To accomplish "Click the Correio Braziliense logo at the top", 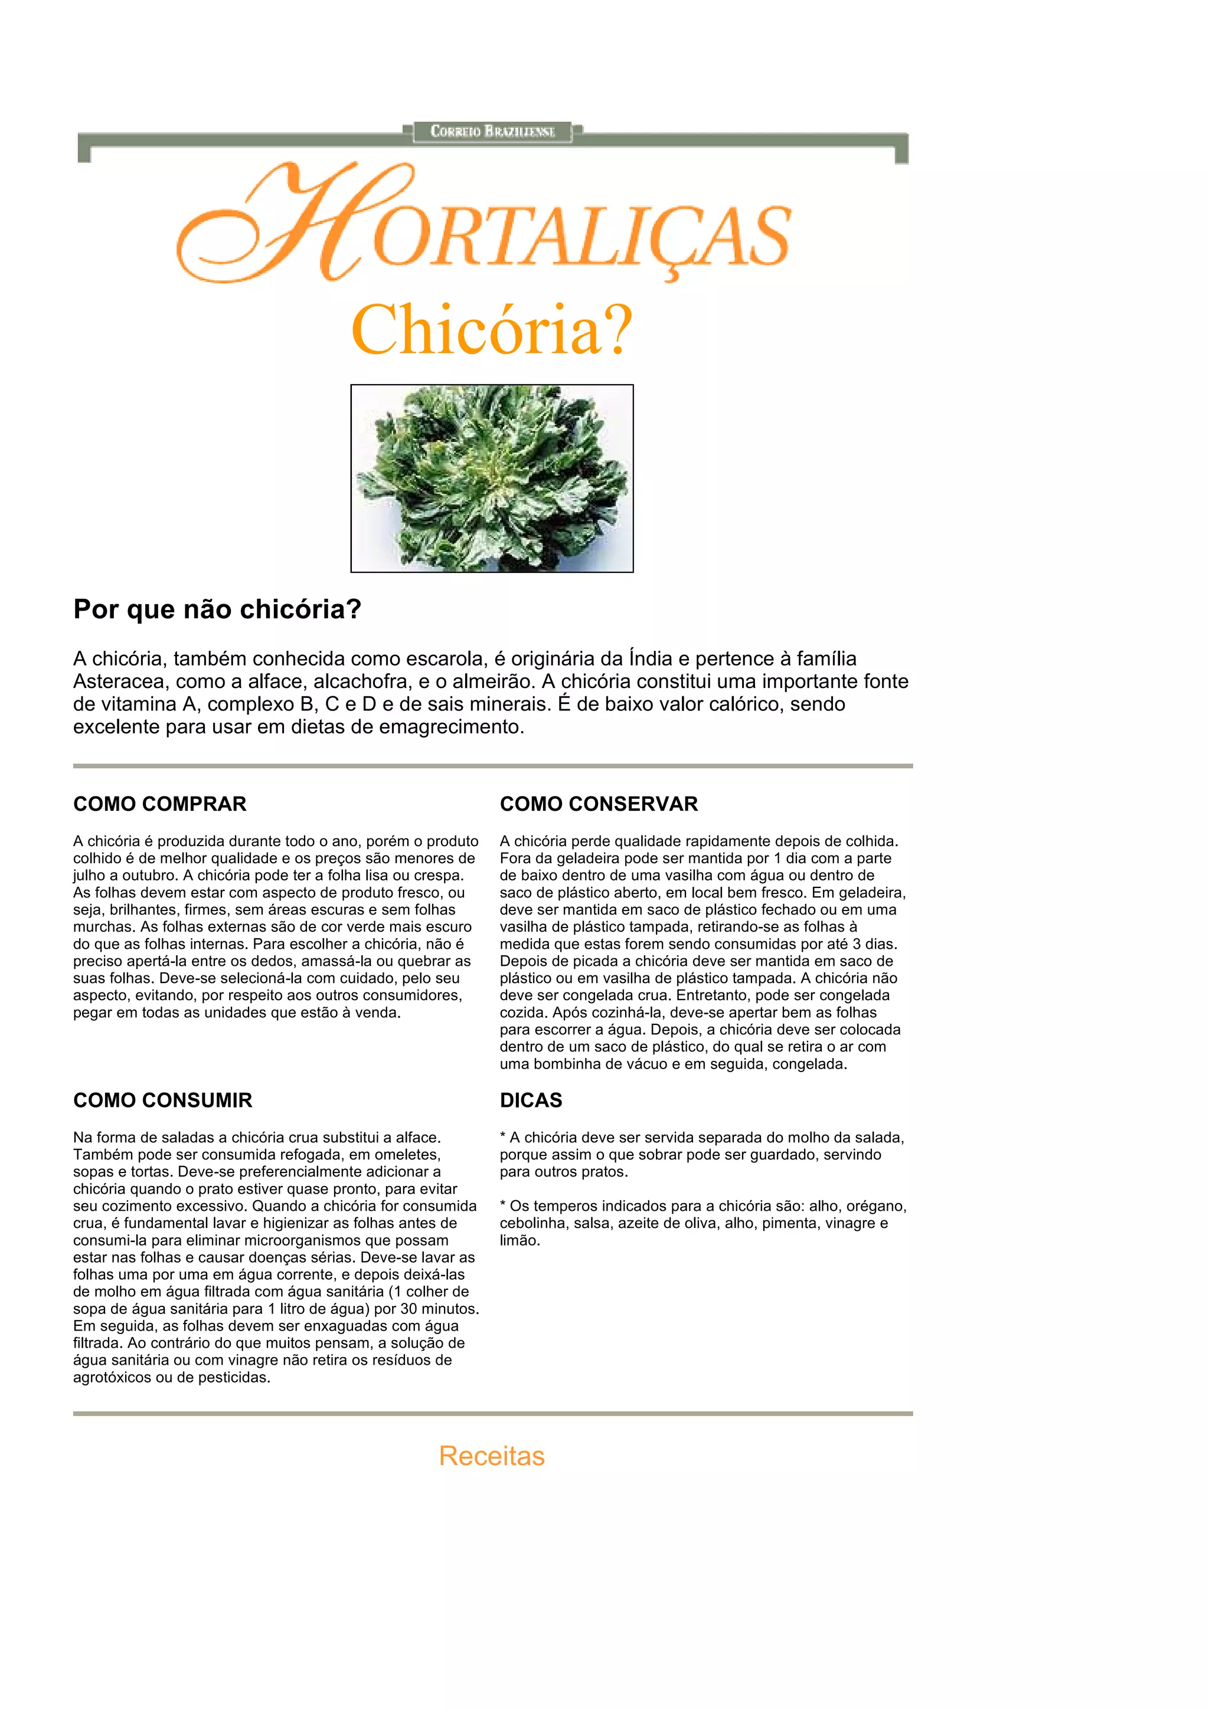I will [x=492, y=132].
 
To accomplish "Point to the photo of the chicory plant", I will [x=492, y=478].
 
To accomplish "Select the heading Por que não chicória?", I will [x=217, y=609].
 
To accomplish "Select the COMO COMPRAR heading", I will [x=159, y=804].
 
